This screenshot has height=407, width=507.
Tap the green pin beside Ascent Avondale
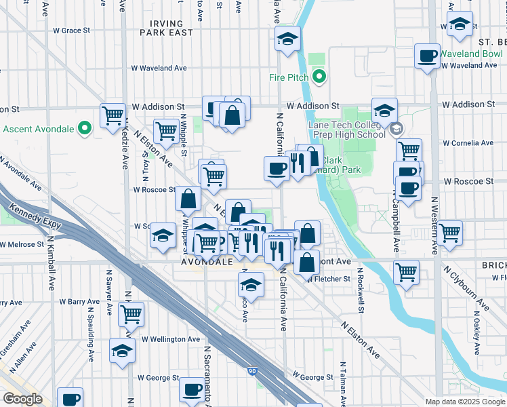[x=84, y=128]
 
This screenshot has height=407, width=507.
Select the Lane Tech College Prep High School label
[x=346, y=130]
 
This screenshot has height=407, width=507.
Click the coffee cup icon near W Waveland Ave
[x=428, y=56]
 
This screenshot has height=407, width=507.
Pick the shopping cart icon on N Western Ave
[x=450, y=233]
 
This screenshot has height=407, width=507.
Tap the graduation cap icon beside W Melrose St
[x=162, y=235]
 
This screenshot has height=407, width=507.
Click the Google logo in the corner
[x=22, y=399]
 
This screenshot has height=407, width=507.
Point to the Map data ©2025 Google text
[x=465, y=402]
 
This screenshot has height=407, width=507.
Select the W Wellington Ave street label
[x=171, y=339]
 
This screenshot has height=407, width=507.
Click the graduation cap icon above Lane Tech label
[x=384, y=109]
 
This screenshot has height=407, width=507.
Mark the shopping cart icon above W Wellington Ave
[x=131, y=313]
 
